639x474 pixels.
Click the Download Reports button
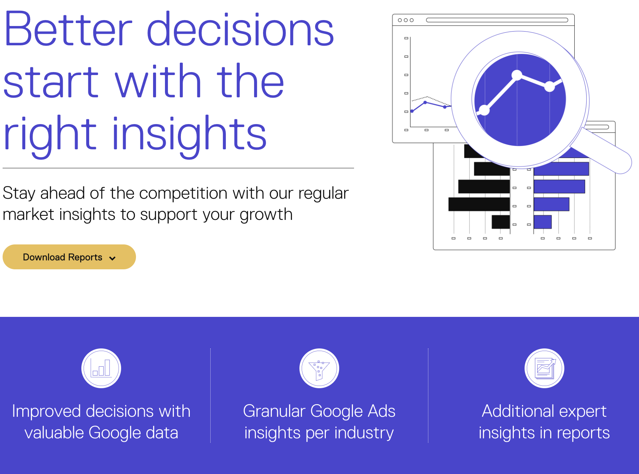(x=69, y=257)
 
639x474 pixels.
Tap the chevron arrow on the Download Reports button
(x=112, y=258)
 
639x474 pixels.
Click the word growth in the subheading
(x=266, y=215)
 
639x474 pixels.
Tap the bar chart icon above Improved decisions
(x=101, y=368)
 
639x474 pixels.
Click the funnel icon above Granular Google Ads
(x=319, y=368)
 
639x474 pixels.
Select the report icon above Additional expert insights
(x=544, y=368)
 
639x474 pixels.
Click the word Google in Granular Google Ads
(x=336, y=412)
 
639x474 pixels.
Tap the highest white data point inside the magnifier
(x=517, y=75)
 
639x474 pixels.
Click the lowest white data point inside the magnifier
(x=484, y=110)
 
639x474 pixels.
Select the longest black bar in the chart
(x=479, y=204)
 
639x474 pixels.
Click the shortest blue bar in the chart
(x=542, y=222)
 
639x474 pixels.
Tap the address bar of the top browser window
(x=497, y=20)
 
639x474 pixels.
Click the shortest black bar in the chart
(x=501, y=222)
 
